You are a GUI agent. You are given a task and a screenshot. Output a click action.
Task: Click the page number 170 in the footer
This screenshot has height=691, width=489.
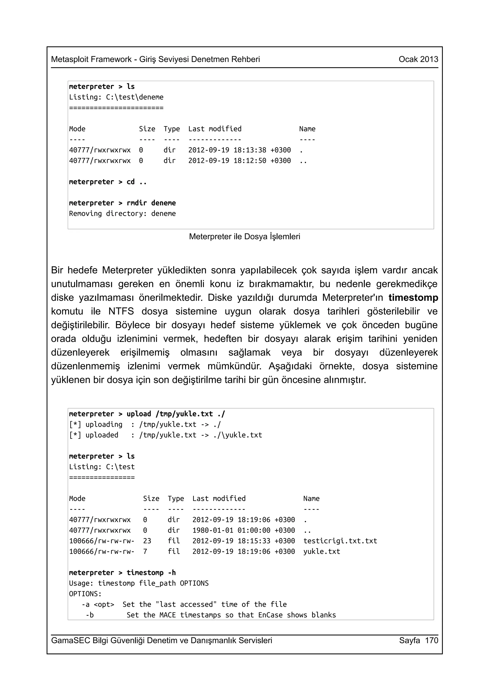pos(431,640)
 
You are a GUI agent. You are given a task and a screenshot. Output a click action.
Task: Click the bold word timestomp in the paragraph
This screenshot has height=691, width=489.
pos(413,298)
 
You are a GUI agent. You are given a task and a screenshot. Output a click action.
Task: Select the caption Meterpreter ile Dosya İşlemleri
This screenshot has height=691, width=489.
pos(244,237)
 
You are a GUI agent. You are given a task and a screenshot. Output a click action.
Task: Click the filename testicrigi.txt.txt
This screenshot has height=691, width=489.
pos(340,541)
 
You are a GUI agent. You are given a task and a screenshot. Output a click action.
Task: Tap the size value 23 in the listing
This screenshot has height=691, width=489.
pos(147,541)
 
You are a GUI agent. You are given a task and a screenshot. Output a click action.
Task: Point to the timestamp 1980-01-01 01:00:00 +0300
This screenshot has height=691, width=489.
pos(244,530)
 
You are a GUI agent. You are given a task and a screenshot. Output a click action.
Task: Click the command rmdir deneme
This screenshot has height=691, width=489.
pos(151,203)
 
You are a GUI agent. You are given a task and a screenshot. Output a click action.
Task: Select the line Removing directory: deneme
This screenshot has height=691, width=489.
pos(122,214)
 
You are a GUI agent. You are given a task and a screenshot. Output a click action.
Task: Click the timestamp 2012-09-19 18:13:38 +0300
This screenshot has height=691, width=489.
pos(239,150)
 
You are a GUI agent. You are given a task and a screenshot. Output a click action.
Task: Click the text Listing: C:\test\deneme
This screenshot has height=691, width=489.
pos(116,97)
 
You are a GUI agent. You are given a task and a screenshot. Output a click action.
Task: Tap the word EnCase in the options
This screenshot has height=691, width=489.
pos(270,615)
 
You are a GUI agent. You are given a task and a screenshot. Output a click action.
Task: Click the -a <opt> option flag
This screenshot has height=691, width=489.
pos(98,604)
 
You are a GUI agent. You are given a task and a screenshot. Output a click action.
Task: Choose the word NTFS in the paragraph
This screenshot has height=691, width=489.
pos(121,311)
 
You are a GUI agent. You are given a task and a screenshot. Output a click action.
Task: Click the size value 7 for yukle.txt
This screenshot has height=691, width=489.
pos(145,551)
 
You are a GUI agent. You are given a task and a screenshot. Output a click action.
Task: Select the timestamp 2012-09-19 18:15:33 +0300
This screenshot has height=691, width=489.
pos(244,541)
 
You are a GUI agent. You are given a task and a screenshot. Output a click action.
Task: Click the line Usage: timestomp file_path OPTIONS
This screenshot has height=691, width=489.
pos(138,583)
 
